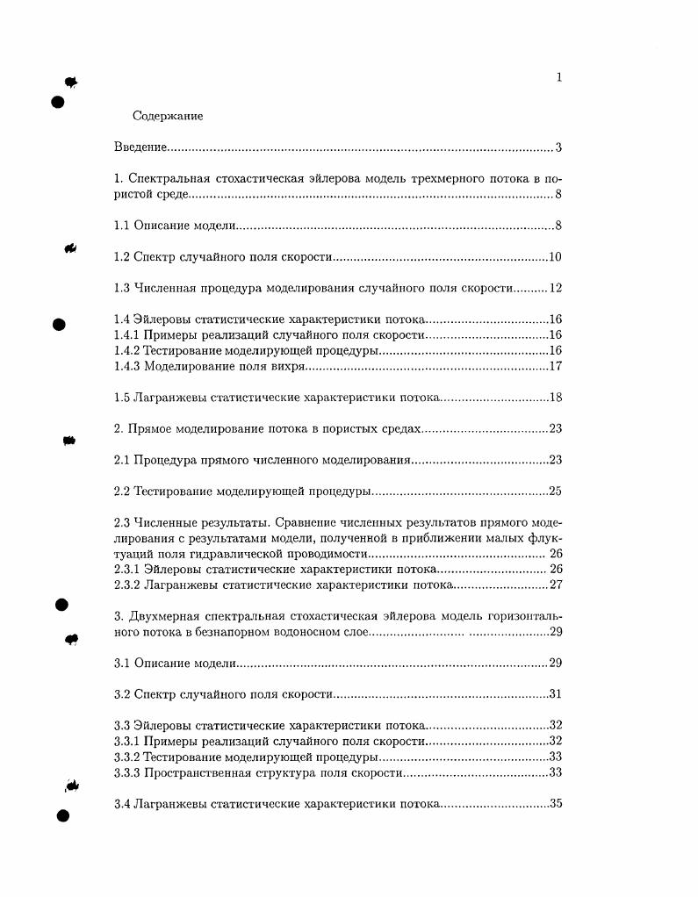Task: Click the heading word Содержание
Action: tap(168, 116)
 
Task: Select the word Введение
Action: tap(140, 147)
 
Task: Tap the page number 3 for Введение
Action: tap(558, 147)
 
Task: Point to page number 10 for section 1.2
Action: tap(555, 257)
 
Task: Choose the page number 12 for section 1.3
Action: tap(555, 289)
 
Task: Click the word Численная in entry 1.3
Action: tap(165, 289)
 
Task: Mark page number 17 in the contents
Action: tap(555, 367)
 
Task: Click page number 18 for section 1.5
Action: tap(555, 398)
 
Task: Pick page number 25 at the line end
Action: tap(555, 492)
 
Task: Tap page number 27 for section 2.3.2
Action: tap(555, 585)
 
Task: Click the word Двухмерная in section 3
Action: tap(163, 615)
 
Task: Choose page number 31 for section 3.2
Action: tap(555, 694)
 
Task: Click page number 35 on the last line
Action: tap(555, 804)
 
